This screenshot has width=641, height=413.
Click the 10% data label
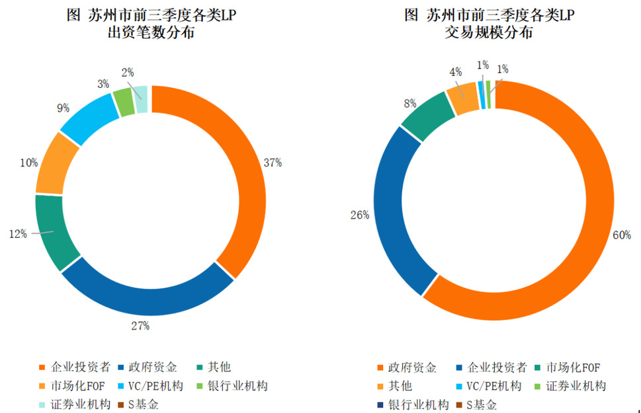28,163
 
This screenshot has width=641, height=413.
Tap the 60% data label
621,235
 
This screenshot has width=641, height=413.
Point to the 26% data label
359,215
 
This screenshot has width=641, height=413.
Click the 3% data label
103,84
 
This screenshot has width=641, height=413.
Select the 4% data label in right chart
455,71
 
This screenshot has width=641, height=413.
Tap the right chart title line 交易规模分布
488,32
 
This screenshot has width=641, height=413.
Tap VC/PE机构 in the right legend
493,386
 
